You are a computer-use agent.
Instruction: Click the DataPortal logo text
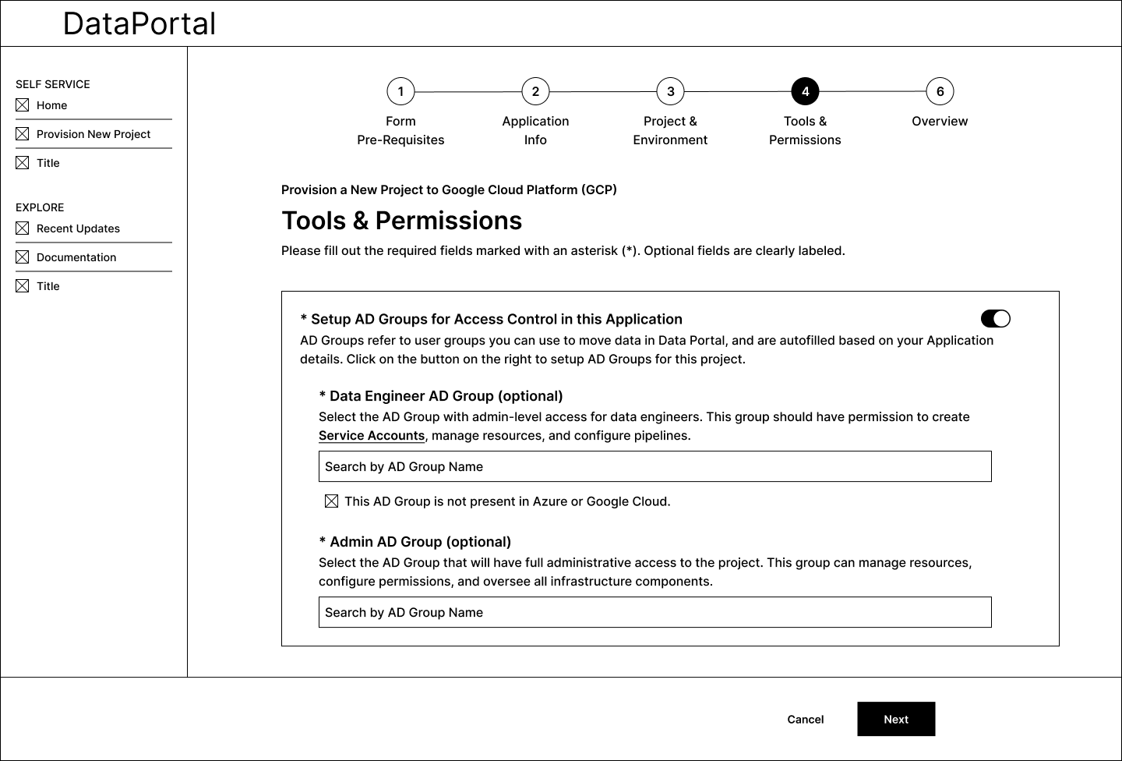[139, 23]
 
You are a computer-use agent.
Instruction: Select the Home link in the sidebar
[51, 105]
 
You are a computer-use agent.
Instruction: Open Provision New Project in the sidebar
[93, 134]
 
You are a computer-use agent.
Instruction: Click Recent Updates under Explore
[78, 228]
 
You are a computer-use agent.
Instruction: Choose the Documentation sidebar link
[76, 257]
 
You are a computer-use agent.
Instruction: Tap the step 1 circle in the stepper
[400, 91]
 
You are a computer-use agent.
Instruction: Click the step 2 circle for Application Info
[535, 91]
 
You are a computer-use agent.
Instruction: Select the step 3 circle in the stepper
[670, 91]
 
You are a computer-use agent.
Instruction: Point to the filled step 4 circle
[805, 91]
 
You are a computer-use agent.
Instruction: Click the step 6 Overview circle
[940, 91]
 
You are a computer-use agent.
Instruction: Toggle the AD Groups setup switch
[995, 318]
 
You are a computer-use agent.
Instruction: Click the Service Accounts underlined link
[372, 436]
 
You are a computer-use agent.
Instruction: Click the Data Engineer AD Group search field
[654, 466]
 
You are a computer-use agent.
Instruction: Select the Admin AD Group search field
[654, 612]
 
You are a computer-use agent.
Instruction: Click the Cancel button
[805, 719]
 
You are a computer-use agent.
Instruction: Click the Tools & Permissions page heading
[401, 221]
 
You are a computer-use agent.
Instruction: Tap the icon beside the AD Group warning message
[331, 501]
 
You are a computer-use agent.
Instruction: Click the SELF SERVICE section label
[53, 84]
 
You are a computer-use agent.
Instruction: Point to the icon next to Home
[23, 105]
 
